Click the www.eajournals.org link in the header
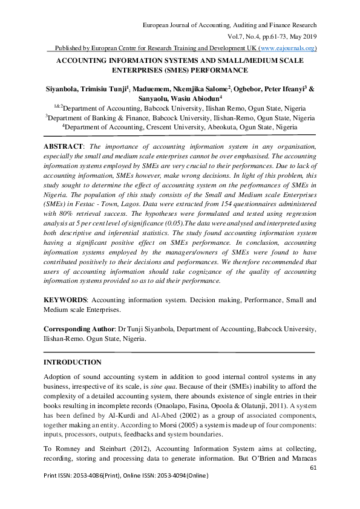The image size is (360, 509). (x=287, y=48)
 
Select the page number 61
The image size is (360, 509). (x=313, y=468)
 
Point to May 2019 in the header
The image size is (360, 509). (x=303, y=36)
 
